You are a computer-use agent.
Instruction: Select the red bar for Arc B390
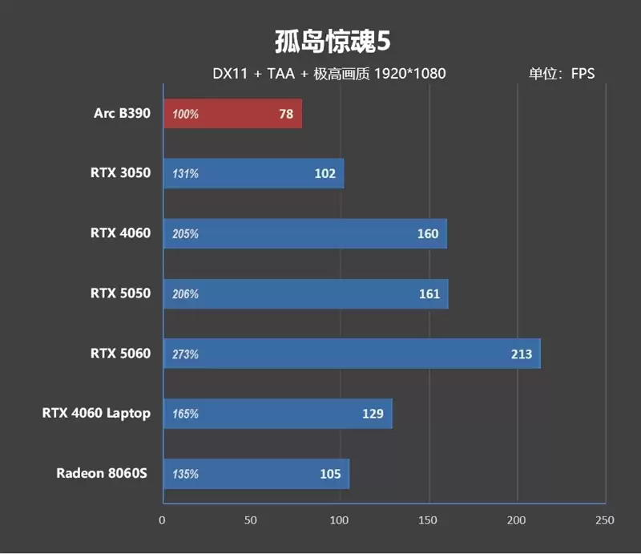232,114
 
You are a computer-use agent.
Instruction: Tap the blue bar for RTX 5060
352,354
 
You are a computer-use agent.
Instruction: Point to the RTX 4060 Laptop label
96,413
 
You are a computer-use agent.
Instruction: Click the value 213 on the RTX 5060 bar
522,354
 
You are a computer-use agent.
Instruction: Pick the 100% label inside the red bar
185,115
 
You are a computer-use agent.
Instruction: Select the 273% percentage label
185,354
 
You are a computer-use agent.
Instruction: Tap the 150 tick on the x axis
429,520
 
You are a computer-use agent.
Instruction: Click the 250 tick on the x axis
605,520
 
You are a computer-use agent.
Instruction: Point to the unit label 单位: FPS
562,74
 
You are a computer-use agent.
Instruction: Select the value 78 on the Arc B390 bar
286,114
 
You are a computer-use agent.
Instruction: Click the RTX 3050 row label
120,172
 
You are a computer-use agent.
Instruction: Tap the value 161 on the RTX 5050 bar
429,293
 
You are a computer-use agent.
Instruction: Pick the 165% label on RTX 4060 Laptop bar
185,414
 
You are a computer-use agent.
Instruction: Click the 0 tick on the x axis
163,520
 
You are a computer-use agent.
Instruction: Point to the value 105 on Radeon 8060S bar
330,474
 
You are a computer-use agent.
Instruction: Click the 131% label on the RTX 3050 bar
185,174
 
